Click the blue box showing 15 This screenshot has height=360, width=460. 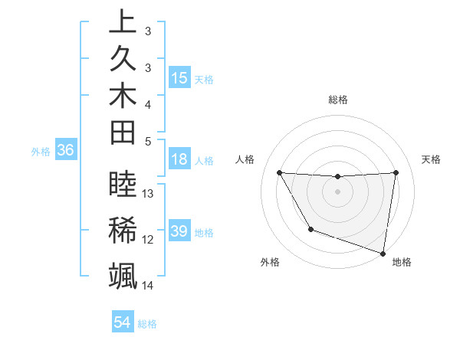coord(179,78)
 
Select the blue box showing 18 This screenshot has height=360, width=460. coord(179,160)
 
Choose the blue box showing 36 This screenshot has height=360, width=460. coord(65,151)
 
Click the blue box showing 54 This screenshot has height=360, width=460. coord(123,322)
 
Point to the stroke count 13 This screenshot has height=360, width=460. coord(149,194)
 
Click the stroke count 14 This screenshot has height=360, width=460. coord(149,286)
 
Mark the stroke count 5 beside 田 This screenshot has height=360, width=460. coord(148,141)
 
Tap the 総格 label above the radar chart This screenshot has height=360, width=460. coord(338,100)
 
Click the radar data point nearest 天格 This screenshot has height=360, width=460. coord(396,172)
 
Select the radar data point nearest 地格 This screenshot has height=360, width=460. coord(383,252)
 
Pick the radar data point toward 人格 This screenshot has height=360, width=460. coord(279,172)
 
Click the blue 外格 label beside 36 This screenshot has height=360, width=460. coord(41,152)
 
